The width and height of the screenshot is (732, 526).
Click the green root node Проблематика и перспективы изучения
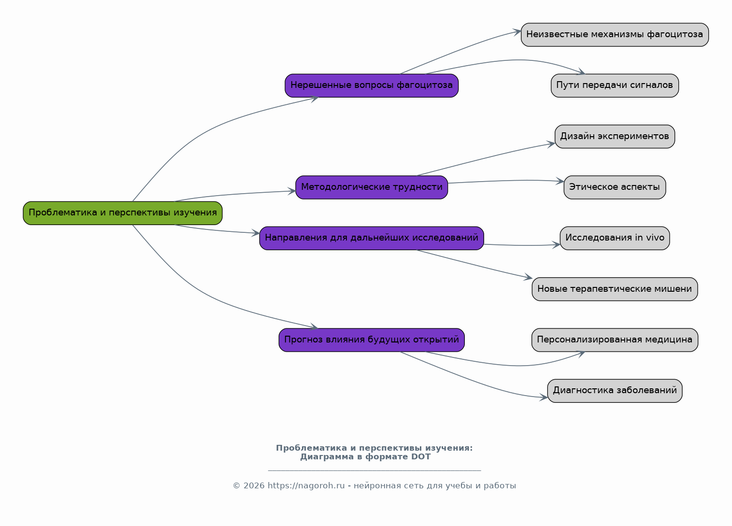click(123, 213)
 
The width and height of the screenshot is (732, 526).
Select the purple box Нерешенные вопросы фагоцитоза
click(372, 85)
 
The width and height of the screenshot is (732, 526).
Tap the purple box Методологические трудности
click(372, 187)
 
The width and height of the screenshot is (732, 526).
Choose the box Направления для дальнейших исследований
click(372, 238)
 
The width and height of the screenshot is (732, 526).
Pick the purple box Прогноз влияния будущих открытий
click(372, 340)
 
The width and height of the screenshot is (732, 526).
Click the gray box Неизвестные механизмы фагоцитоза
click(615, 35)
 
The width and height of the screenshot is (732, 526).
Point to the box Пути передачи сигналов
click(615, 85)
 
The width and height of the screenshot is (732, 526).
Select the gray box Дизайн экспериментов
click(615, 136)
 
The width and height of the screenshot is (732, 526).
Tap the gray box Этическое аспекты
click(615, 187)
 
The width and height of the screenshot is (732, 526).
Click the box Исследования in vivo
click(615, 238)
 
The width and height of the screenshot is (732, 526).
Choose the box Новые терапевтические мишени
click(615, 289)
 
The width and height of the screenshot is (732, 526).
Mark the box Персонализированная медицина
click(615, 340)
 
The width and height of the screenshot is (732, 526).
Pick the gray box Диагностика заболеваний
click(615, 391)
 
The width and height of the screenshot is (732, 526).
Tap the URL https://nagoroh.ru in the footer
click(306, 486)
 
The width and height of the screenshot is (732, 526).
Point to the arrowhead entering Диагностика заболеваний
click(544, 397)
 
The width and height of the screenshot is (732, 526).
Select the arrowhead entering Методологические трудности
click(292, 191)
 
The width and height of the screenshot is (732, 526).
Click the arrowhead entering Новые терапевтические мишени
click(528, 277)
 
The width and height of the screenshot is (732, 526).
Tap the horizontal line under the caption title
click(374, 470)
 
